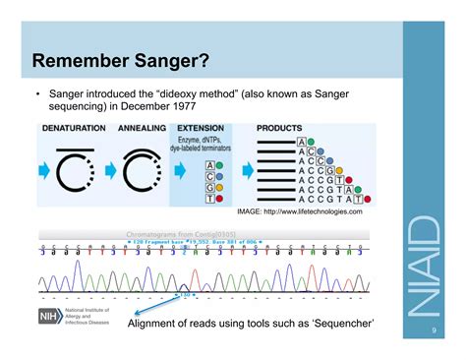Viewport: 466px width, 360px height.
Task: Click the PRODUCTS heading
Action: (280, 128)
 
